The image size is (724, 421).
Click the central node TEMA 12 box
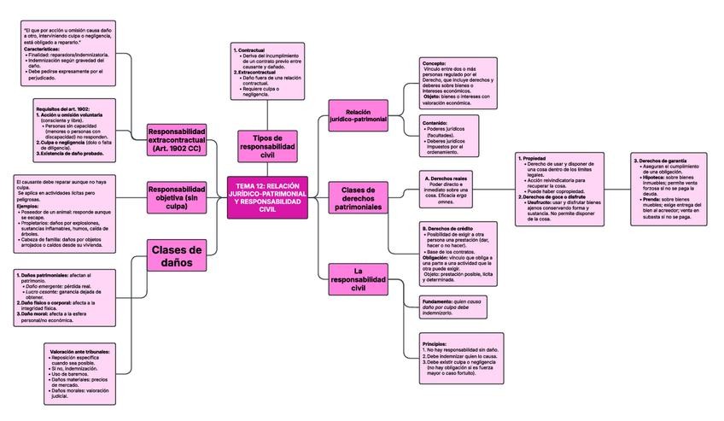tap(268, 197)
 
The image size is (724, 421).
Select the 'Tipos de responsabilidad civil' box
tap(268, 145)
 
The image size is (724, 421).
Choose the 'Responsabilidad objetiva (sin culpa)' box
tap(176, 196)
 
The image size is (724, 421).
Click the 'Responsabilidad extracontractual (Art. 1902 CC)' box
tap(176, 139)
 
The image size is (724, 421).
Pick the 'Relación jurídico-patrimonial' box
tap(358, 117)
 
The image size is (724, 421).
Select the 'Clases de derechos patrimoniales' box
tap(358, 199)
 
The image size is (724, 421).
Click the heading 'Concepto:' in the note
tap(435, 63)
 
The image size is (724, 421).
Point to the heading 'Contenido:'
tap(435, 122)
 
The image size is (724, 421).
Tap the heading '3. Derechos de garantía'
tap(660, 159)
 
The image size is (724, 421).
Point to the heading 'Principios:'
tap(435, 343)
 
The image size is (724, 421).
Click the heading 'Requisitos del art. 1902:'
tap(62, 109)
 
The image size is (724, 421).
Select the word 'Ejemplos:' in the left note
tap(28, 206)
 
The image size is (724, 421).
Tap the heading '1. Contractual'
tap(250, 50)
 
